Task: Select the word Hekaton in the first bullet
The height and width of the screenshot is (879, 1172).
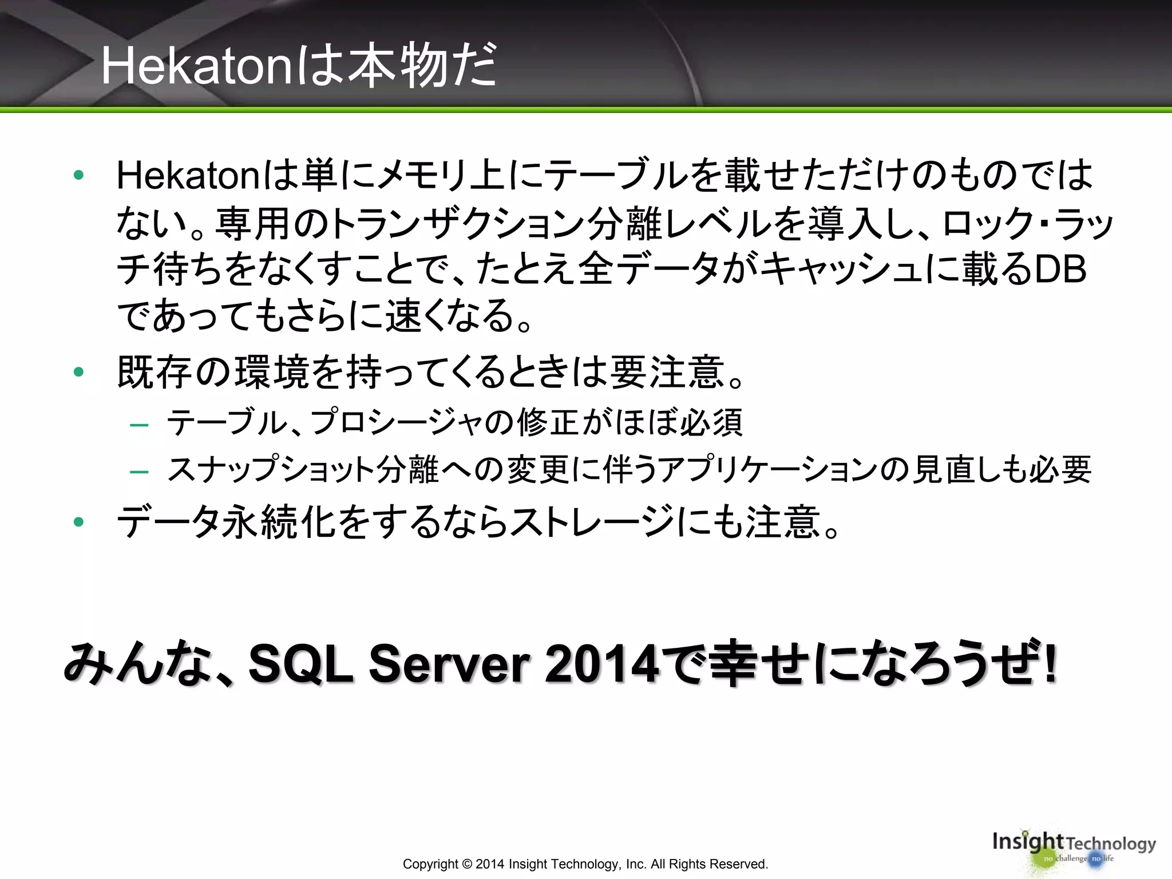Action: pos(189,175)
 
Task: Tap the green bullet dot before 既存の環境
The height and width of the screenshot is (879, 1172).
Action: pos(79,373)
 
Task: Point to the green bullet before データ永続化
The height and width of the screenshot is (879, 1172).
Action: pos(79,522)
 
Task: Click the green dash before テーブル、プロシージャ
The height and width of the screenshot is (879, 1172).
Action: pos(139,425)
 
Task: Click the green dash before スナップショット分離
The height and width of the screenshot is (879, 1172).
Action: pos(139,472)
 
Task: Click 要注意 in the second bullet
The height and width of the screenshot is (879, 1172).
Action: pos(667,373)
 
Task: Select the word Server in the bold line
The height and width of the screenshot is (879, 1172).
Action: pos(449,664)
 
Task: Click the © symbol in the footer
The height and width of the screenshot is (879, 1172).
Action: pos(466,864)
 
